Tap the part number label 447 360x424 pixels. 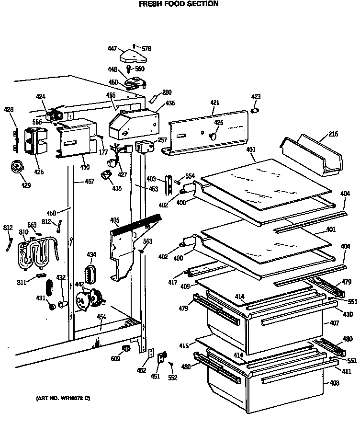112,48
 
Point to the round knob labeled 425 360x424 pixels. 213,137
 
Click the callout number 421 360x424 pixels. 214,103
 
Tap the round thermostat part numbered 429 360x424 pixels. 16,167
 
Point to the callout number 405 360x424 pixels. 114,220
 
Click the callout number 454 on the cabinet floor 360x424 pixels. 101,317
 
